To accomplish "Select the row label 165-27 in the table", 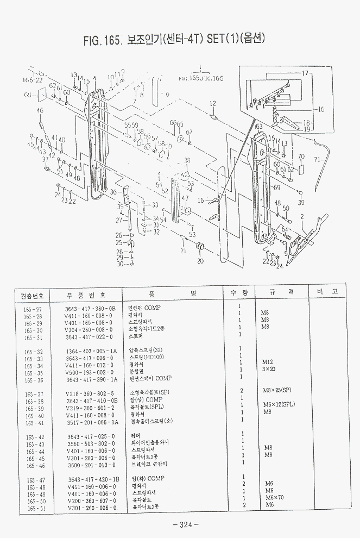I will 33,308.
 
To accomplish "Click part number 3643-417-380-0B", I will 90,308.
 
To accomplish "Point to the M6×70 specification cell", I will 274,497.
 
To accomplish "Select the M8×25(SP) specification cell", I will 277,390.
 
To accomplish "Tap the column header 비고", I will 327,292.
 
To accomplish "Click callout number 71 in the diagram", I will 318,160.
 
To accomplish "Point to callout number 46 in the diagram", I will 40,111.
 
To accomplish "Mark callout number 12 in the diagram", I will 213,103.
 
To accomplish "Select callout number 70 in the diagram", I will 301,157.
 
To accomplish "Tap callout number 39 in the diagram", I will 301,202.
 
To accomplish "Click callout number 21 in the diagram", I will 184,251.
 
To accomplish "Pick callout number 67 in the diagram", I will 189,132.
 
